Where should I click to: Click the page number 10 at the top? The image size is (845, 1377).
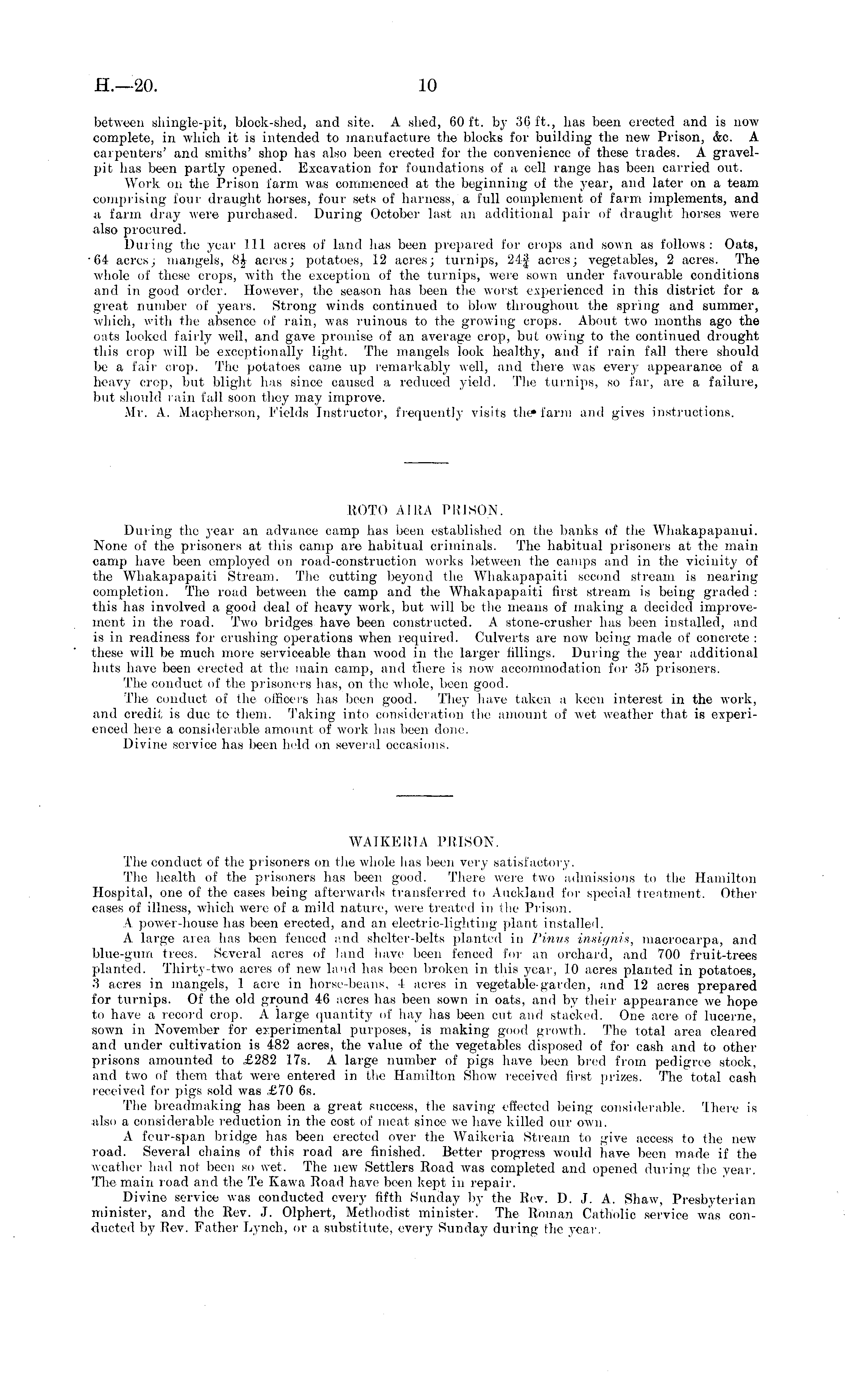coord(427,86)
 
